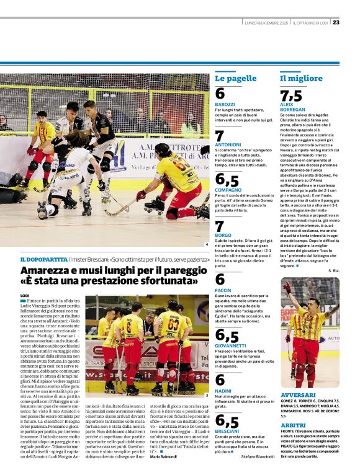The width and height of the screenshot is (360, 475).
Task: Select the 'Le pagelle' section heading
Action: pyautogui.click(x=235, y=79)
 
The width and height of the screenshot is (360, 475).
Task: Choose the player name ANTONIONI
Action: pyautogui.click(x=228, y=144)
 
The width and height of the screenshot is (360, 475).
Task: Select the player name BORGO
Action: pyautogui.click(x=223, y=236)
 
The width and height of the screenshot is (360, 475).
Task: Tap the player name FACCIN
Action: pyautogui.click(x=223, y=290)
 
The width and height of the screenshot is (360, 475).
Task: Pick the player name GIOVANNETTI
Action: pyautogui.click(x=232, y=345)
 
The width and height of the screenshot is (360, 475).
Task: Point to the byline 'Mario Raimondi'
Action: pyautogui.click(x=163, y=464)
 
